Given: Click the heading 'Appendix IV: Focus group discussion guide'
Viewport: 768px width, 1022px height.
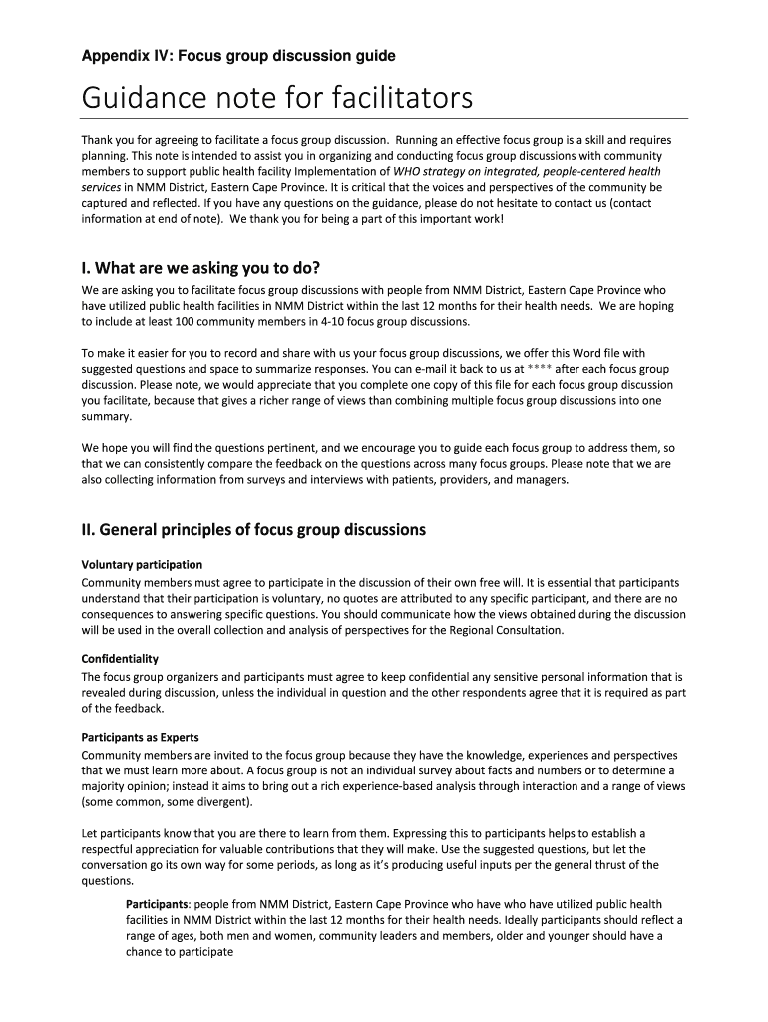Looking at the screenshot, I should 238,56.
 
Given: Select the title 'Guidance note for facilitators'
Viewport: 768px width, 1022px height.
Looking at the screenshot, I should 276,100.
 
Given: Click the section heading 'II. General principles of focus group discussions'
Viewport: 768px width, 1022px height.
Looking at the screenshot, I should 253,529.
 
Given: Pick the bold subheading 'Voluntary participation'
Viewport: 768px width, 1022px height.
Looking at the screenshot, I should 142,564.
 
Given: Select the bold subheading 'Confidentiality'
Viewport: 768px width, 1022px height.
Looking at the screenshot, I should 120,659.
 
